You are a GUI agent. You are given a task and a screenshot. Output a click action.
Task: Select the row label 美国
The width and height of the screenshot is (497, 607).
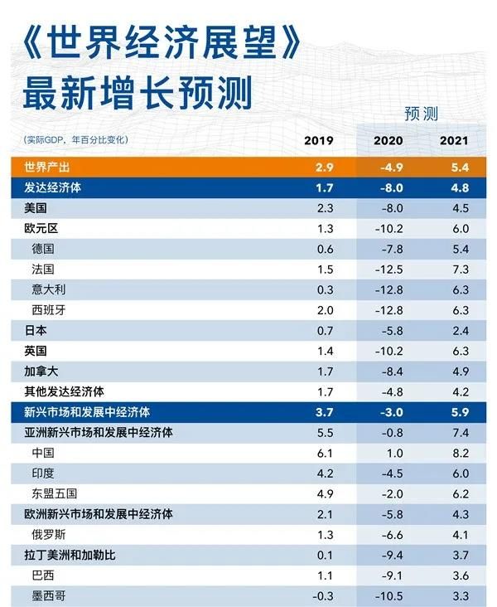coord(36,209)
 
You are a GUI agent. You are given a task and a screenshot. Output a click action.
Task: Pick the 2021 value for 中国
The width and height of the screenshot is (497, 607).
coord(461,453)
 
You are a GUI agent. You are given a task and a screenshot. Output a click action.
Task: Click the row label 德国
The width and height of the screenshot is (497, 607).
coord(44,250)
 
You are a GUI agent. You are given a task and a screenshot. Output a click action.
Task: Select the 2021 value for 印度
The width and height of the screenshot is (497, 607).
coord(461,473)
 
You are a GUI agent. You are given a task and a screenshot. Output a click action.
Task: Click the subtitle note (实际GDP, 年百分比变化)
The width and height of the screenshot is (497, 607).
coord(70,138)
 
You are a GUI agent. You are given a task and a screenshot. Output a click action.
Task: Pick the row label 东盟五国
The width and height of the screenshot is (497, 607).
coord(55,493)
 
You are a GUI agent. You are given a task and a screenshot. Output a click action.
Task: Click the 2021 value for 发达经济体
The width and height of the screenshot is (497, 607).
coord(461,188)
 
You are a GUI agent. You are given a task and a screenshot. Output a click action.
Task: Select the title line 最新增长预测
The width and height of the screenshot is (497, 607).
coord(137,93)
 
